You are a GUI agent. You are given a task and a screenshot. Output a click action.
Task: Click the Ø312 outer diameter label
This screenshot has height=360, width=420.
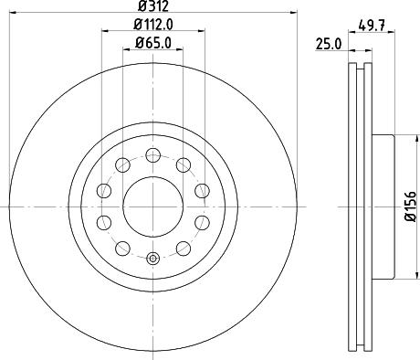[152, 8]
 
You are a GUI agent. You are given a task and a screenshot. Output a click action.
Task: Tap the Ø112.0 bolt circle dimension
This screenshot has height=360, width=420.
[152, 26]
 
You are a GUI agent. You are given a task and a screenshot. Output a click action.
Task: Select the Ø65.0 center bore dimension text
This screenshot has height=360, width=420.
[152, 43]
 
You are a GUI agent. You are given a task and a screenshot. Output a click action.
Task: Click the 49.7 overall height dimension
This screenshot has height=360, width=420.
[371, 26]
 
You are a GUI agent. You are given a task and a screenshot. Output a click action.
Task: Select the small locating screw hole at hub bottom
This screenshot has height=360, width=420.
[152, 259]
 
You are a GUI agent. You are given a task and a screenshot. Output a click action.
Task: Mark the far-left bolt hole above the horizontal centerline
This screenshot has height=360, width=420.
[103, 190]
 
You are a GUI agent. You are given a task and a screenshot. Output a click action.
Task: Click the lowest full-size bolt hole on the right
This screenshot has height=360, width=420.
[183, 249]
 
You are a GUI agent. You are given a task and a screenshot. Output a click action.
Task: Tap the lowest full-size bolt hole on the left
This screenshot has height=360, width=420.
[122, 249]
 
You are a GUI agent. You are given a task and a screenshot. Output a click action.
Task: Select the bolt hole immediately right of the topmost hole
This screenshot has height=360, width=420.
[183, 164]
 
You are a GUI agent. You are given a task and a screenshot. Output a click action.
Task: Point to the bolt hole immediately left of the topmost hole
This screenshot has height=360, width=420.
[122, 164]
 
